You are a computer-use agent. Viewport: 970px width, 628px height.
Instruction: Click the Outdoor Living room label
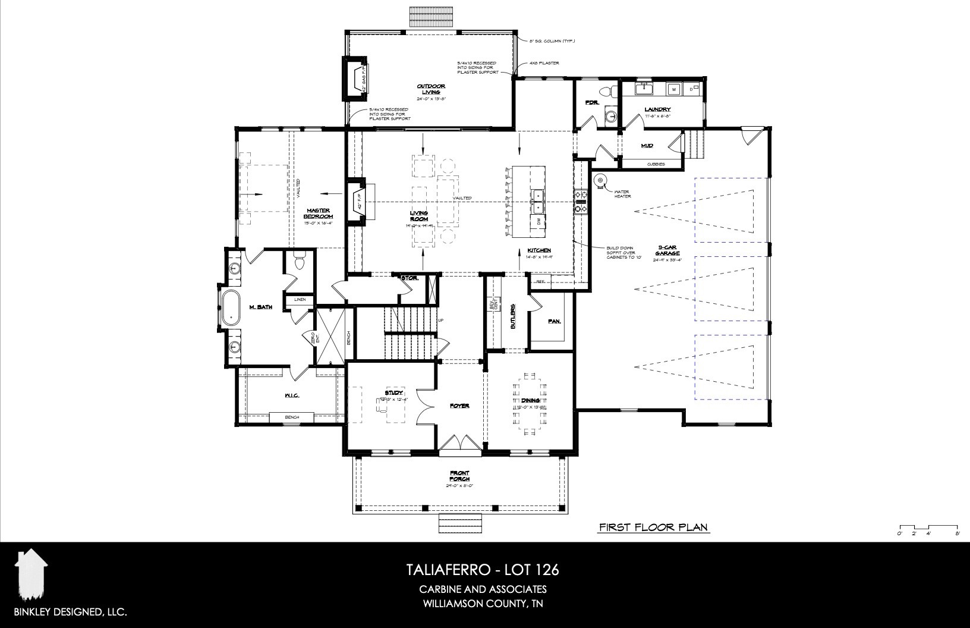(430, 89)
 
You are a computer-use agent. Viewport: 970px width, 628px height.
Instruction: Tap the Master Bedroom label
(319, 213)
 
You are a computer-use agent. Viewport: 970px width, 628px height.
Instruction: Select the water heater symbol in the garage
(599, 181)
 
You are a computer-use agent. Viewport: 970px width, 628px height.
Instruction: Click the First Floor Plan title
(654, 527)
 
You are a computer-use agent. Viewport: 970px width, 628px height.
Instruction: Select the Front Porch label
(459, 476)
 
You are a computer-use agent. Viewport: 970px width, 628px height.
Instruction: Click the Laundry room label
(657, 109)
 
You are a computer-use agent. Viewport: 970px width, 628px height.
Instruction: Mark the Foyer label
(459, 406)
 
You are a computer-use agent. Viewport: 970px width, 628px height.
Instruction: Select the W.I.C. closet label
(291, 395)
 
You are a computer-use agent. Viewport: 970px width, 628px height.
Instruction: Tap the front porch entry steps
(459, 524)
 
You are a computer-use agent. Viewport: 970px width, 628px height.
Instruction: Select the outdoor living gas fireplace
(355, 78)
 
